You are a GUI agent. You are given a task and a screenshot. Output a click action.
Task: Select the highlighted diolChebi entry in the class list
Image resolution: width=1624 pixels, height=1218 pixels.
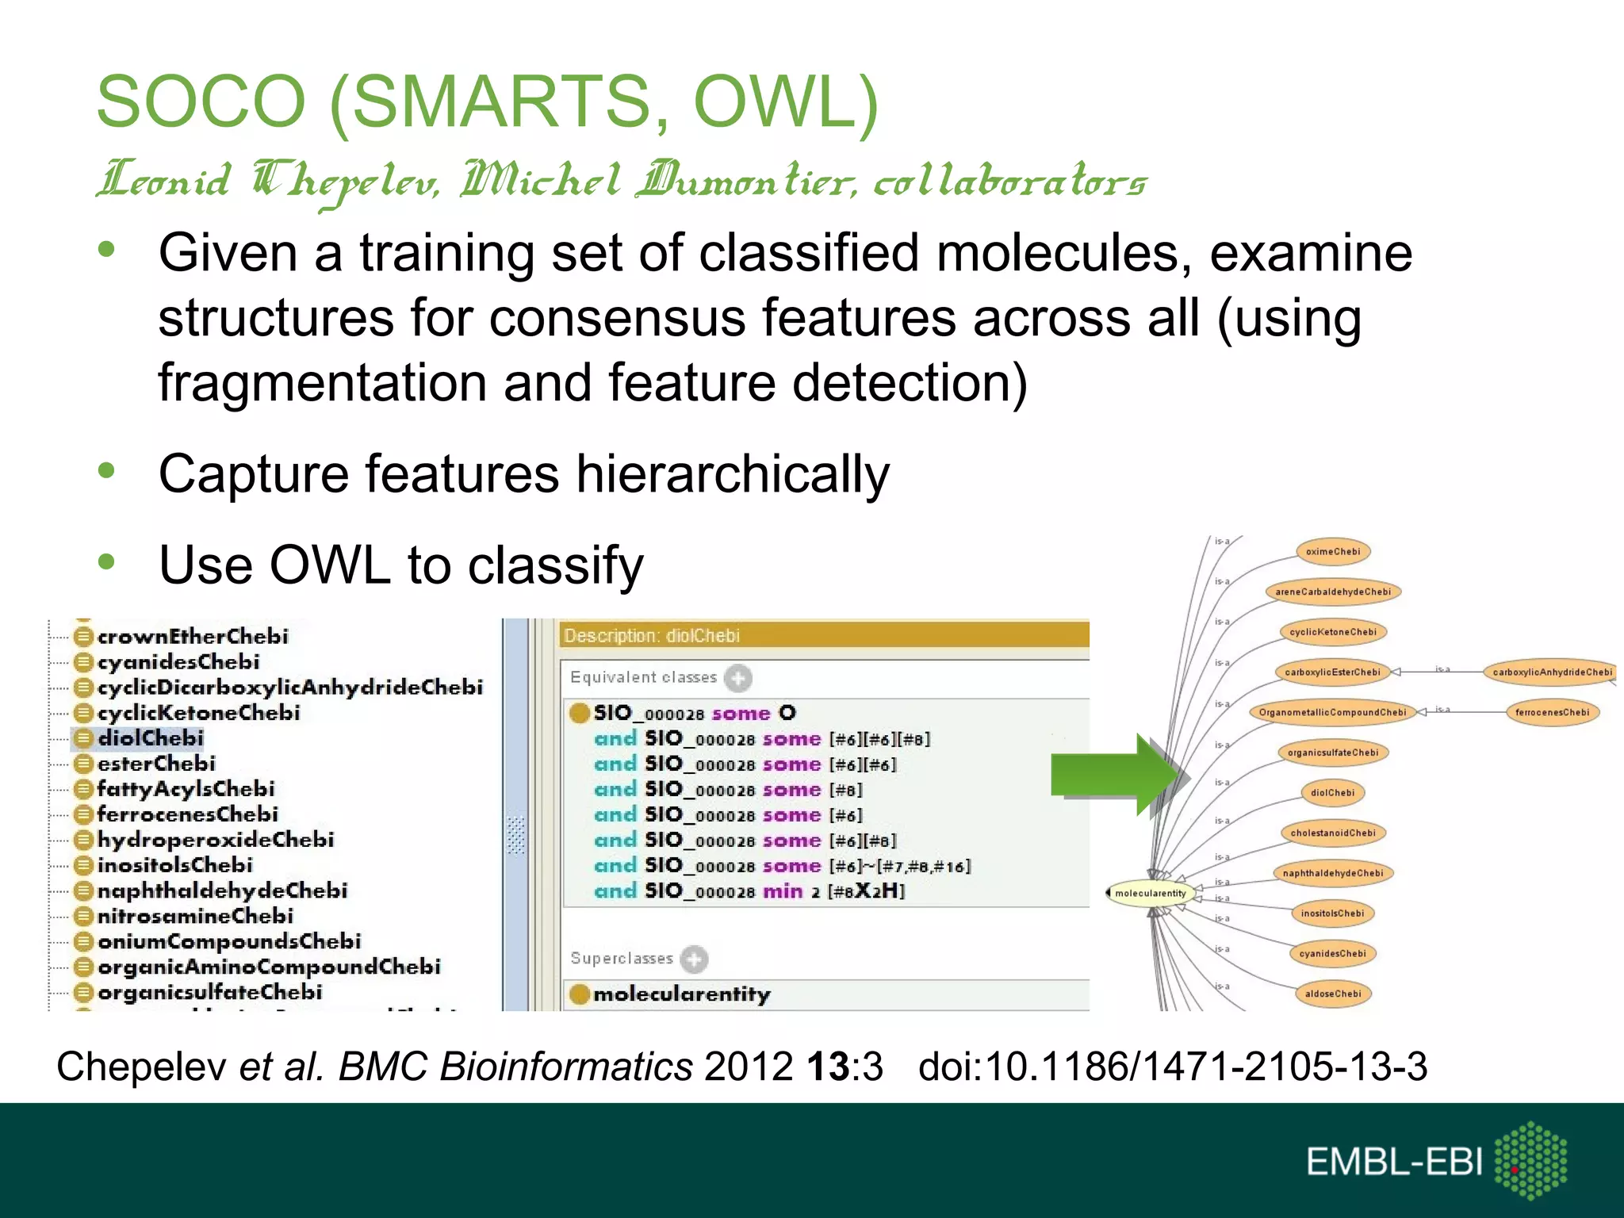point(150,738)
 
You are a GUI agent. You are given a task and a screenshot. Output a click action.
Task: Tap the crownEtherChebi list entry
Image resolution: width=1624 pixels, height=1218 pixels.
point(192,636)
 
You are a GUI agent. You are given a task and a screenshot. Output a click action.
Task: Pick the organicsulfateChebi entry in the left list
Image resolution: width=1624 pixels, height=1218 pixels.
point(209,992)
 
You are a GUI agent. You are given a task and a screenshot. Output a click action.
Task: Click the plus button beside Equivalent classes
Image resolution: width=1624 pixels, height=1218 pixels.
point(738,678)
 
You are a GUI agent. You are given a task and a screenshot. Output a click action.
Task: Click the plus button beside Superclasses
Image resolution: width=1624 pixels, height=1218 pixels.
point(694,959)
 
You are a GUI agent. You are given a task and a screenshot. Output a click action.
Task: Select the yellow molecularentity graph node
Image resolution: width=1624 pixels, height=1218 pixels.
point(1150,894)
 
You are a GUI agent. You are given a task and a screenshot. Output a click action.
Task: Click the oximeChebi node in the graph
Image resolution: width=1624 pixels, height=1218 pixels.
point(1333,552)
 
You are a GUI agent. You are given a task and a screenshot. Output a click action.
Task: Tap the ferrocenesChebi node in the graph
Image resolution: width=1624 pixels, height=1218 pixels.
point(1552,712)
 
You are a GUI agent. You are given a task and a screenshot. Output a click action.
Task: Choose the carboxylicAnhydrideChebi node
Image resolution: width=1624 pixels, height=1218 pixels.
point(1552,672)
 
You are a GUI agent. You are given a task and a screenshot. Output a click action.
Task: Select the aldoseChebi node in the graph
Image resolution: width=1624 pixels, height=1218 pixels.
point(1333,994)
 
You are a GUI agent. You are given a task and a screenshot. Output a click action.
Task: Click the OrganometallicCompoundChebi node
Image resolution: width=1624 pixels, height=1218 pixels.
point(1332,712)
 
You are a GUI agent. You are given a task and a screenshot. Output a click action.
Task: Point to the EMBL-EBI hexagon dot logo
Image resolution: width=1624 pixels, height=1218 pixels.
point(1530,1160)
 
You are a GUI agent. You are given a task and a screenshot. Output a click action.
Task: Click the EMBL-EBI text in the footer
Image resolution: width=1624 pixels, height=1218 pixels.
point(1393,1162)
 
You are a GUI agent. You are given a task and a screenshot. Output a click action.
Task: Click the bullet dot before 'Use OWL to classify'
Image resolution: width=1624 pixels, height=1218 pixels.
point(106,562)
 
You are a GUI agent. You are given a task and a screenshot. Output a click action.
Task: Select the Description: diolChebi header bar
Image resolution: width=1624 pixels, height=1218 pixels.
point(825,636)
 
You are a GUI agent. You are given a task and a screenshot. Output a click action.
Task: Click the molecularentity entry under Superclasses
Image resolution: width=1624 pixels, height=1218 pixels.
point(681,994)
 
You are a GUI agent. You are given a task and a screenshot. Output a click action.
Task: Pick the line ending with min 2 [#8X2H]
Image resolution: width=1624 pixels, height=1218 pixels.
point(749,891)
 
